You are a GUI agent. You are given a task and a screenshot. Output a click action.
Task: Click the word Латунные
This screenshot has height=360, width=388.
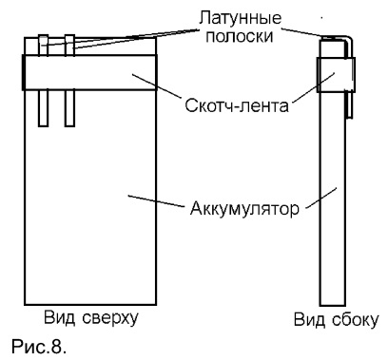[x=240, y=18]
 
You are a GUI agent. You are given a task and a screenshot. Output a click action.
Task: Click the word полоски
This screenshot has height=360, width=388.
[x=240, y=36]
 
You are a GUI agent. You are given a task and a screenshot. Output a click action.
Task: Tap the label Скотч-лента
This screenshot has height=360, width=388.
[x=237, y=105]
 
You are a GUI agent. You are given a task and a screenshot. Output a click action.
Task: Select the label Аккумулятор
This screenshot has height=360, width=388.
[x=244, y=208]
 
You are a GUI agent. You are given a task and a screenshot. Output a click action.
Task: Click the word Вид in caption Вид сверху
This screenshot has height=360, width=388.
[x=60, y=317]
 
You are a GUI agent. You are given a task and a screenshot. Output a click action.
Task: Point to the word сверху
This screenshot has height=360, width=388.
[x=110, y=318]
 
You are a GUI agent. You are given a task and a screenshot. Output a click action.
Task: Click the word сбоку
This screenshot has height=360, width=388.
[x=355, y=320]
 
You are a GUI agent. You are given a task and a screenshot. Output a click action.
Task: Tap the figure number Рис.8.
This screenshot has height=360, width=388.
[x=39, y=347]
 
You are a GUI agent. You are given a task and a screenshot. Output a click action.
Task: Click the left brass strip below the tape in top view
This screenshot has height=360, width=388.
[x=43, y=108]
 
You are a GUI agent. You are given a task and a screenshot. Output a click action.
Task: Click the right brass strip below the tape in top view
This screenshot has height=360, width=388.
[x=69, y=108]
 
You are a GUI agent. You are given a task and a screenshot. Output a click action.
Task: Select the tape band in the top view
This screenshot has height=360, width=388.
[x=89, y=72]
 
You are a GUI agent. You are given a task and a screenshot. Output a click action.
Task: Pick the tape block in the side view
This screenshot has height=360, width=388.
[x=336, y=75]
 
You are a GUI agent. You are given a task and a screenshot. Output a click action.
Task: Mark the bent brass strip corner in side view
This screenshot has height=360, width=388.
[x=350, y=39]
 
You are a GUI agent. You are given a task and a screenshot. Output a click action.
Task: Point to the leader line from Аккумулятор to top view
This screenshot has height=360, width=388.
[x=156, y=201]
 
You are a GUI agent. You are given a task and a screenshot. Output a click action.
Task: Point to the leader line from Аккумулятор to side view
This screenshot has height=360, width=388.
[x=320, y=199]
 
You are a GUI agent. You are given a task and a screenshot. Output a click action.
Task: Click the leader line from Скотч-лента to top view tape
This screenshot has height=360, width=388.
[x=156, y=86]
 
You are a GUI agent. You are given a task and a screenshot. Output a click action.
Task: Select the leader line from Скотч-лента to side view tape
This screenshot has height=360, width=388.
[x=314, y=87]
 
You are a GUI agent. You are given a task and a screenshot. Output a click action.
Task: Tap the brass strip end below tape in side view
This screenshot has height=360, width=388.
[x=349, y=117]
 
